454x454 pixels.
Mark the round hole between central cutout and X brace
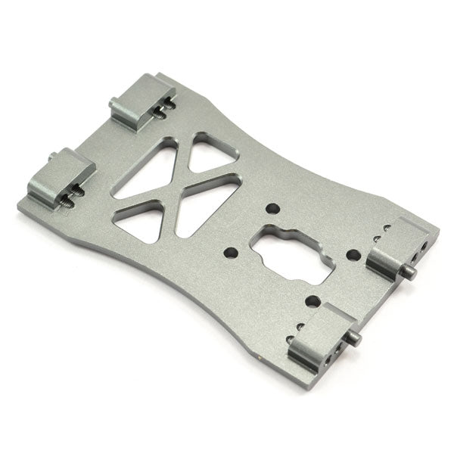point(232,251)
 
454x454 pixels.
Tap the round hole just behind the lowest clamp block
point(311,302)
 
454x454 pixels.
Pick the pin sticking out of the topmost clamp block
point(113,102)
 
